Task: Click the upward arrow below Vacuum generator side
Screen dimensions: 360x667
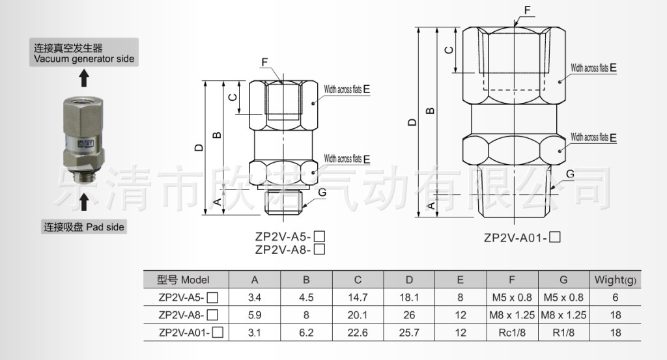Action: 83,79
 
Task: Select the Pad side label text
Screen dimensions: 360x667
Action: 84,227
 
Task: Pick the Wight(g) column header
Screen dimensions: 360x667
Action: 615,281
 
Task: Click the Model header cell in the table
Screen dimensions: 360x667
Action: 184,281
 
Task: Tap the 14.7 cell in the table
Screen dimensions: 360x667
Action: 358,298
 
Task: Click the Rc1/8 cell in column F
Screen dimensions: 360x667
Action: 511,333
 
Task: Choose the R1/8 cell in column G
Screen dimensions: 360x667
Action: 563,333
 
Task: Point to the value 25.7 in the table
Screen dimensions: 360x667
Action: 409,333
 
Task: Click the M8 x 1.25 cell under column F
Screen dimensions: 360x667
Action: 511,315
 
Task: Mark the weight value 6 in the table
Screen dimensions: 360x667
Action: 615,298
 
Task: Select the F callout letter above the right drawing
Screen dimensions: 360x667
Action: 527,10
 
